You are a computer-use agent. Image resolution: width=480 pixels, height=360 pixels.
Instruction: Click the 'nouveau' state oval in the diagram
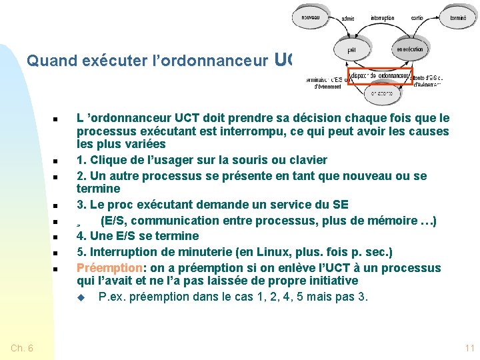coord(310,17)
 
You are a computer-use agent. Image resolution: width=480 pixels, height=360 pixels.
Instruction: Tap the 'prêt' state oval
coord(351,50)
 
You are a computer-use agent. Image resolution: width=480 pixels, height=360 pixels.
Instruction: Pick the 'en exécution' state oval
coord(409,49)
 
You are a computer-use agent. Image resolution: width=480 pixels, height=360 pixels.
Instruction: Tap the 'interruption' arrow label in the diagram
coord(382,19)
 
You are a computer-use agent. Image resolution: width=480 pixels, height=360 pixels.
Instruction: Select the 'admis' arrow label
coord(348,19)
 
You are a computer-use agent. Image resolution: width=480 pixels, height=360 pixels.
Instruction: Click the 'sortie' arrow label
coord(417,19)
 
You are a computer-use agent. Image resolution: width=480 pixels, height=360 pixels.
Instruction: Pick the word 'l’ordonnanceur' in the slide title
coord(210,61)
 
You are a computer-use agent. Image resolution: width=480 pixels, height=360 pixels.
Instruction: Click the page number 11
coord(469,348)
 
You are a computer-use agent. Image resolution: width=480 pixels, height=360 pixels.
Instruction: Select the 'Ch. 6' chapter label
coord(23,348)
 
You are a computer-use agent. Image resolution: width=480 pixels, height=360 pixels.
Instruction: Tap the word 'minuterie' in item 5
coord(193,252)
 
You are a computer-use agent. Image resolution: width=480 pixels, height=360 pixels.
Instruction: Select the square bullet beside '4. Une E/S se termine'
coord(55,237)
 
